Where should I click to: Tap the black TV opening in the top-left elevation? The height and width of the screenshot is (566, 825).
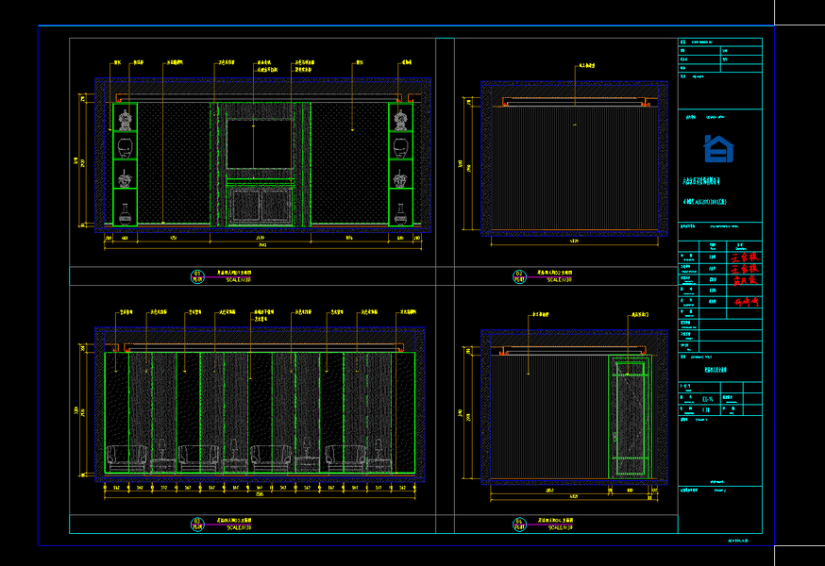point(259,143)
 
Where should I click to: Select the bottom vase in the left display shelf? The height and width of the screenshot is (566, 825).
point(125,209)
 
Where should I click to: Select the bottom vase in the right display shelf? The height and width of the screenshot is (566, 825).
point(401,209)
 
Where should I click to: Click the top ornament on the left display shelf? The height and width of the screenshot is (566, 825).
point(125,118)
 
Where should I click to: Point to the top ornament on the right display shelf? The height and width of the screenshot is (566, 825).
point(401,118)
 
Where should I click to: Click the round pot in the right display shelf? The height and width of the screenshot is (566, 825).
point(401,146)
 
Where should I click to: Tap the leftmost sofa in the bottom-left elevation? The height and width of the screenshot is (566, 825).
point(126,458)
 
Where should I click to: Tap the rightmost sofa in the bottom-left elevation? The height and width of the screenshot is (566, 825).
point(345,458)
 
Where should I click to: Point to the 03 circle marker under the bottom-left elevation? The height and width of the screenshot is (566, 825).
point(197,523)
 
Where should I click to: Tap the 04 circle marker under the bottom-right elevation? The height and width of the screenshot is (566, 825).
point(519,523)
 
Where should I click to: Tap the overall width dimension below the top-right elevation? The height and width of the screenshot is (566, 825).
point(575,241)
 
